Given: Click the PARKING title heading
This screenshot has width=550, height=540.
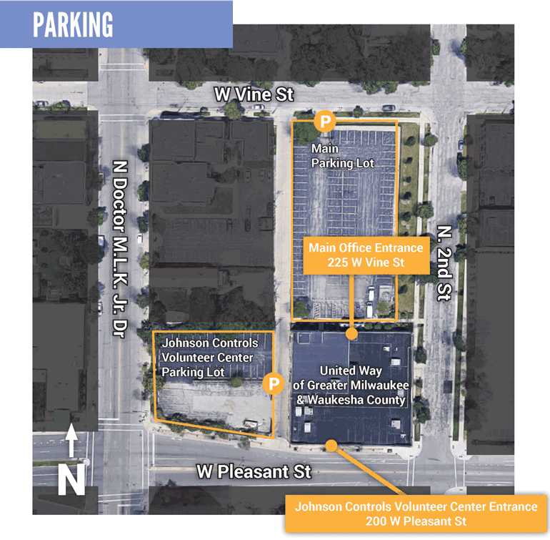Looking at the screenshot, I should [x=73, y=25].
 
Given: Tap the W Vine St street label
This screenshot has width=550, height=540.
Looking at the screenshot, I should [x=255, y=94].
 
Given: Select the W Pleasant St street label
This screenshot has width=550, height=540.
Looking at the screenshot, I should [x=254, y=473].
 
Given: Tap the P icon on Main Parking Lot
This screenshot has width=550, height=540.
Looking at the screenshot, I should [x=325, y=121].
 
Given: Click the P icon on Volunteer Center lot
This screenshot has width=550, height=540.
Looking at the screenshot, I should [x=273, y=383].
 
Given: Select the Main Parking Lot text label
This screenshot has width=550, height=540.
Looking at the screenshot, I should [x=343, y=157].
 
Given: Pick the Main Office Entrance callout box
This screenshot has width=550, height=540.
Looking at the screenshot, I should [x=366, y=255].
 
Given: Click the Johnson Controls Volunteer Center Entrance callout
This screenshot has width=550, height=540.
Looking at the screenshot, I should [x=416, y=514].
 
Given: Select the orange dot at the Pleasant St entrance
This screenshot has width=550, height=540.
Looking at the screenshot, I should [x=331, y=446].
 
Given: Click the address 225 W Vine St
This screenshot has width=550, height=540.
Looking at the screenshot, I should [x=366, y=263].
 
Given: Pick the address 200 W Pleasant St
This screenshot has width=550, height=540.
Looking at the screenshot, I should [x=416, y=521].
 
